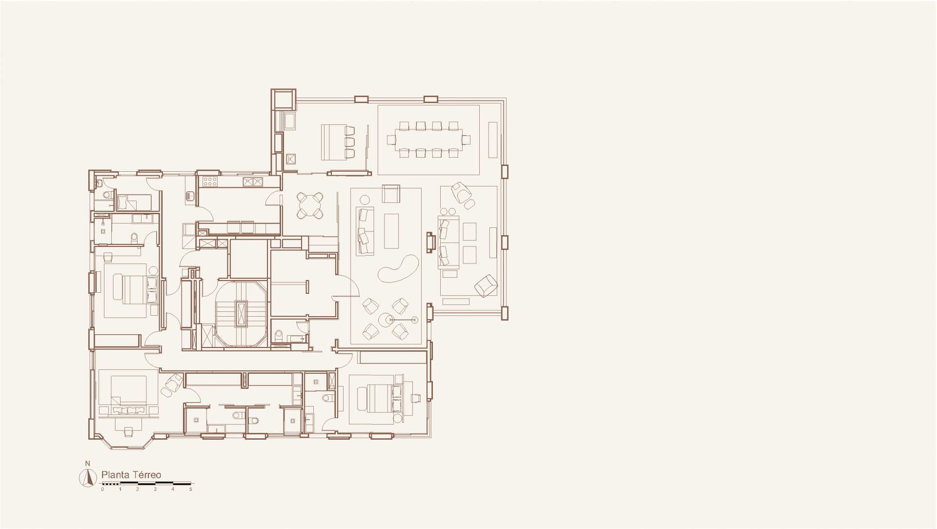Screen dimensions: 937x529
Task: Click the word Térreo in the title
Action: click(145, 475)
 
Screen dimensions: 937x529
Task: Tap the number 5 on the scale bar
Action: click(191, 489)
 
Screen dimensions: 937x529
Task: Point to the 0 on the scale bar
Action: click(102, 489)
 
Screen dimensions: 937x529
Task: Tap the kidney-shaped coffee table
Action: click(398, 269)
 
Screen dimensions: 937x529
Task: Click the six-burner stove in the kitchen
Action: click(210, 182)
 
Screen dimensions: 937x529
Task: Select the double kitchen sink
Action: click(253, 182)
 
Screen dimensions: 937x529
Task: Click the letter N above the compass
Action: click(87, 463)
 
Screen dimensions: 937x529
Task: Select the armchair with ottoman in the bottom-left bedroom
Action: click(173, 383)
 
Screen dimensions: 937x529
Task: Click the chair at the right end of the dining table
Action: click(466, 140)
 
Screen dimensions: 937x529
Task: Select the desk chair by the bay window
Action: click(128, 431)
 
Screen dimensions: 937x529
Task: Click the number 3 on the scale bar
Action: click(155, 489)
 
